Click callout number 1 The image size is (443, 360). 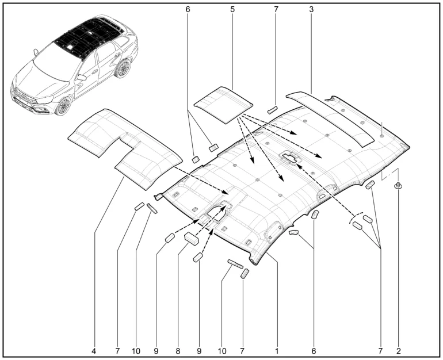click(277, 349)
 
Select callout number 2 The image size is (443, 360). click(398, 349)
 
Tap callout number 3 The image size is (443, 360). click(311, 10)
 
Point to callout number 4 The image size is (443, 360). click(94, 349)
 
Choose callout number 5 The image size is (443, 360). click(232, 10)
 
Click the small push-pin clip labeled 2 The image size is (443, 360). click(398, 186)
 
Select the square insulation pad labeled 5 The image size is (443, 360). click(223, 104)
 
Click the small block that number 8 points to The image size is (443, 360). click(191, 238)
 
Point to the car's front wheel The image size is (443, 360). click(62, 106)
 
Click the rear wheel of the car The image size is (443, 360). click(122, 68)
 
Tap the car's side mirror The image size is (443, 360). click(81, 77)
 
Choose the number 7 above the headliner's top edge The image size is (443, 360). click(276, 10)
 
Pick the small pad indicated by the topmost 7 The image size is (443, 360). click(272, 109)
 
